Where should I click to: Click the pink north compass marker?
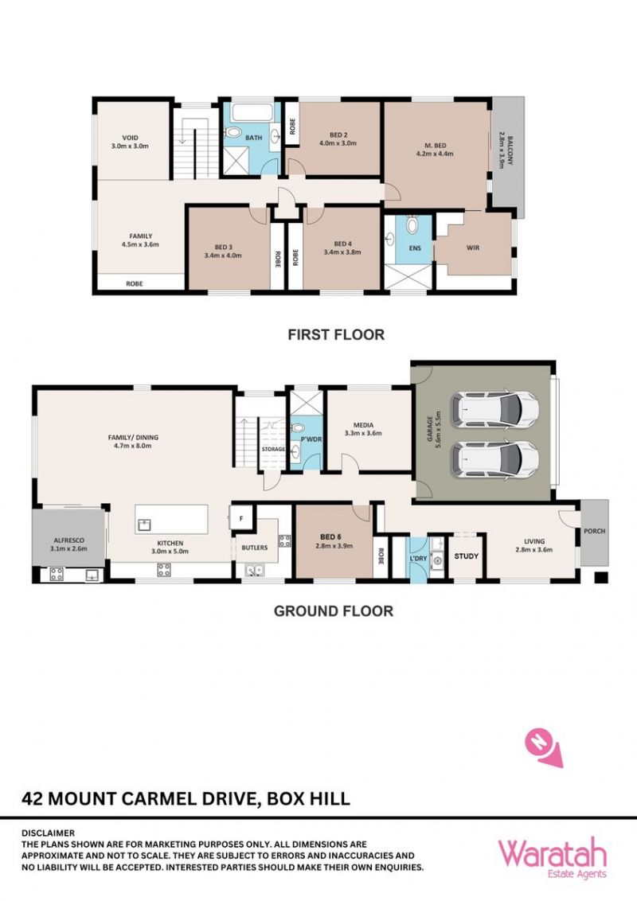tap(542, 746)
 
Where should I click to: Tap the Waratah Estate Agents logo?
tap(552, 859)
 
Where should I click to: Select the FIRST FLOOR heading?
tap(336, 334)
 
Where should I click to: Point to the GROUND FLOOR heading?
tap(334, 610)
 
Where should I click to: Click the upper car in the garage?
tap(495, 409)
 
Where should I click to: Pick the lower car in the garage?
tap(495, 458)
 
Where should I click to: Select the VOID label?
tap(130, 138)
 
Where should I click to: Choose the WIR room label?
tap(473, 248)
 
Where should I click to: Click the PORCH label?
tap(595, 531)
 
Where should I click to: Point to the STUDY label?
tap(467, 556)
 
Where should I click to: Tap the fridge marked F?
tap(241, 517)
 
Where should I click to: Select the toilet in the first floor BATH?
tap(233, 133)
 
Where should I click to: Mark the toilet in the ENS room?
tap(412, 224)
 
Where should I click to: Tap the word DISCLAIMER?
tap(49, 833)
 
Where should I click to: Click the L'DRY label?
tap(418, 558)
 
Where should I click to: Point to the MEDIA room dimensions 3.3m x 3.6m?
tap(363, 433)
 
